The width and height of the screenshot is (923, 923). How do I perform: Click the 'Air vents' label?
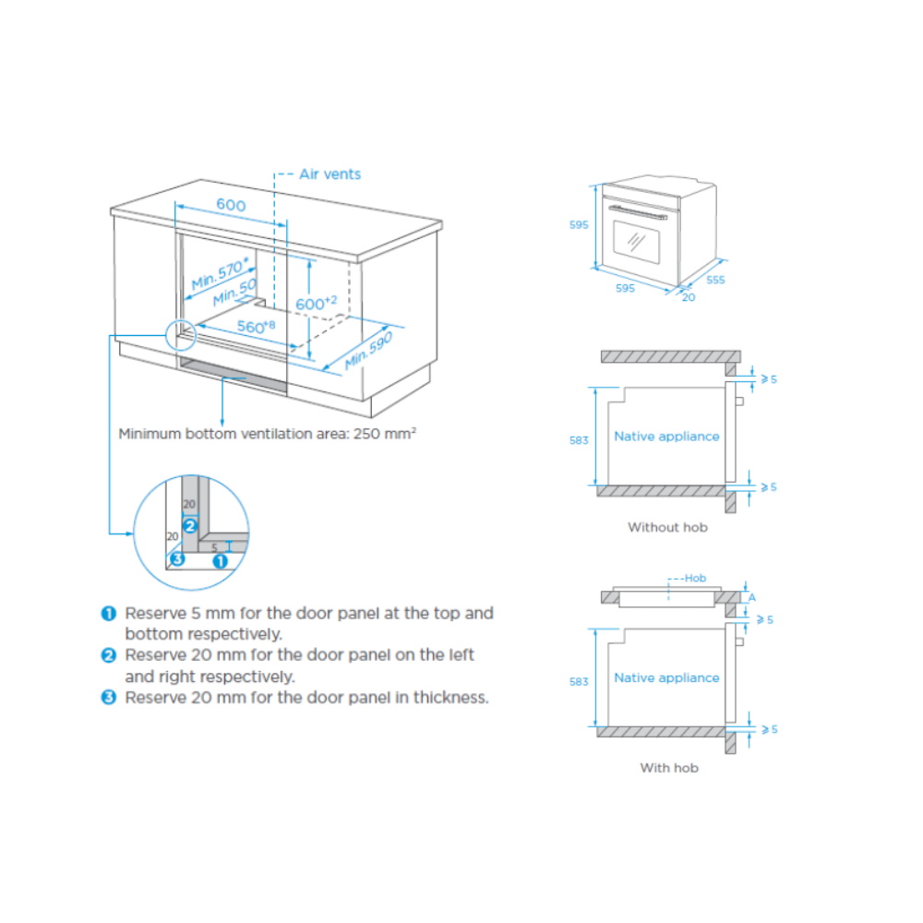[x=330, y=174]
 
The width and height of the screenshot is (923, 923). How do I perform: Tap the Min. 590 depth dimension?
[x=368, y=350]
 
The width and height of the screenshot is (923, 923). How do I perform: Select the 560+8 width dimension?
[x=256, y=326]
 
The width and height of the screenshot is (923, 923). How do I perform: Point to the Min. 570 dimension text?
[x=221, y=273]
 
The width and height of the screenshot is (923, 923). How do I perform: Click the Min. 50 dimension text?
[x=234, y=292]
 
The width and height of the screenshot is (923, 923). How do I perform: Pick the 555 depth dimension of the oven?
[x=715, y=281]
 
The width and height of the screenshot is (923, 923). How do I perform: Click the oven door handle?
[x=638, y=212]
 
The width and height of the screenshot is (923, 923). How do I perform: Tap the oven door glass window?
[x=636, y=241]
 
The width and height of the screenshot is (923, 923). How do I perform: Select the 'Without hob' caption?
[x=667, y=527]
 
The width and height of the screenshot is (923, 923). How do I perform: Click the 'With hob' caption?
[x=669, y=768]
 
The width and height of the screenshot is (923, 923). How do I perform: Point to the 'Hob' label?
[x=695, y=578]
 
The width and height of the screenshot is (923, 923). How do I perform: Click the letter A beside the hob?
[x=751, y=597]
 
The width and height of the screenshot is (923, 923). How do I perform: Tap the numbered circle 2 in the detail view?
[x=189, y=526]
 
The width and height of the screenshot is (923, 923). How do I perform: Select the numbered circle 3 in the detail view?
[x=177, y=558]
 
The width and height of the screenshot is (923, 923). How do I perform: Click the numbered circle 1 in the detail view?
[x=221, y=561]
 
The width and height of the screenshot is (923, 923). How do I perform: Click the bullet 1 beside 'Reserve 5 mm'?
[x=109, y=614]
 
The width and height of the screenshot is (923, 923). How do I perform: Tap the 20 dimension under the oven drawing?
[x=689, y=297]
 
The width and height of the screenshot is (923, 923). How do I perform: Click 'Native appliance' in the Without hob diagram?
[x=666, y=437]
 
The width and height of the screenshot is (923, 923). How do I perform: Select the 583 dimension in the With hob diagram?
[x=579, y=682]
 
